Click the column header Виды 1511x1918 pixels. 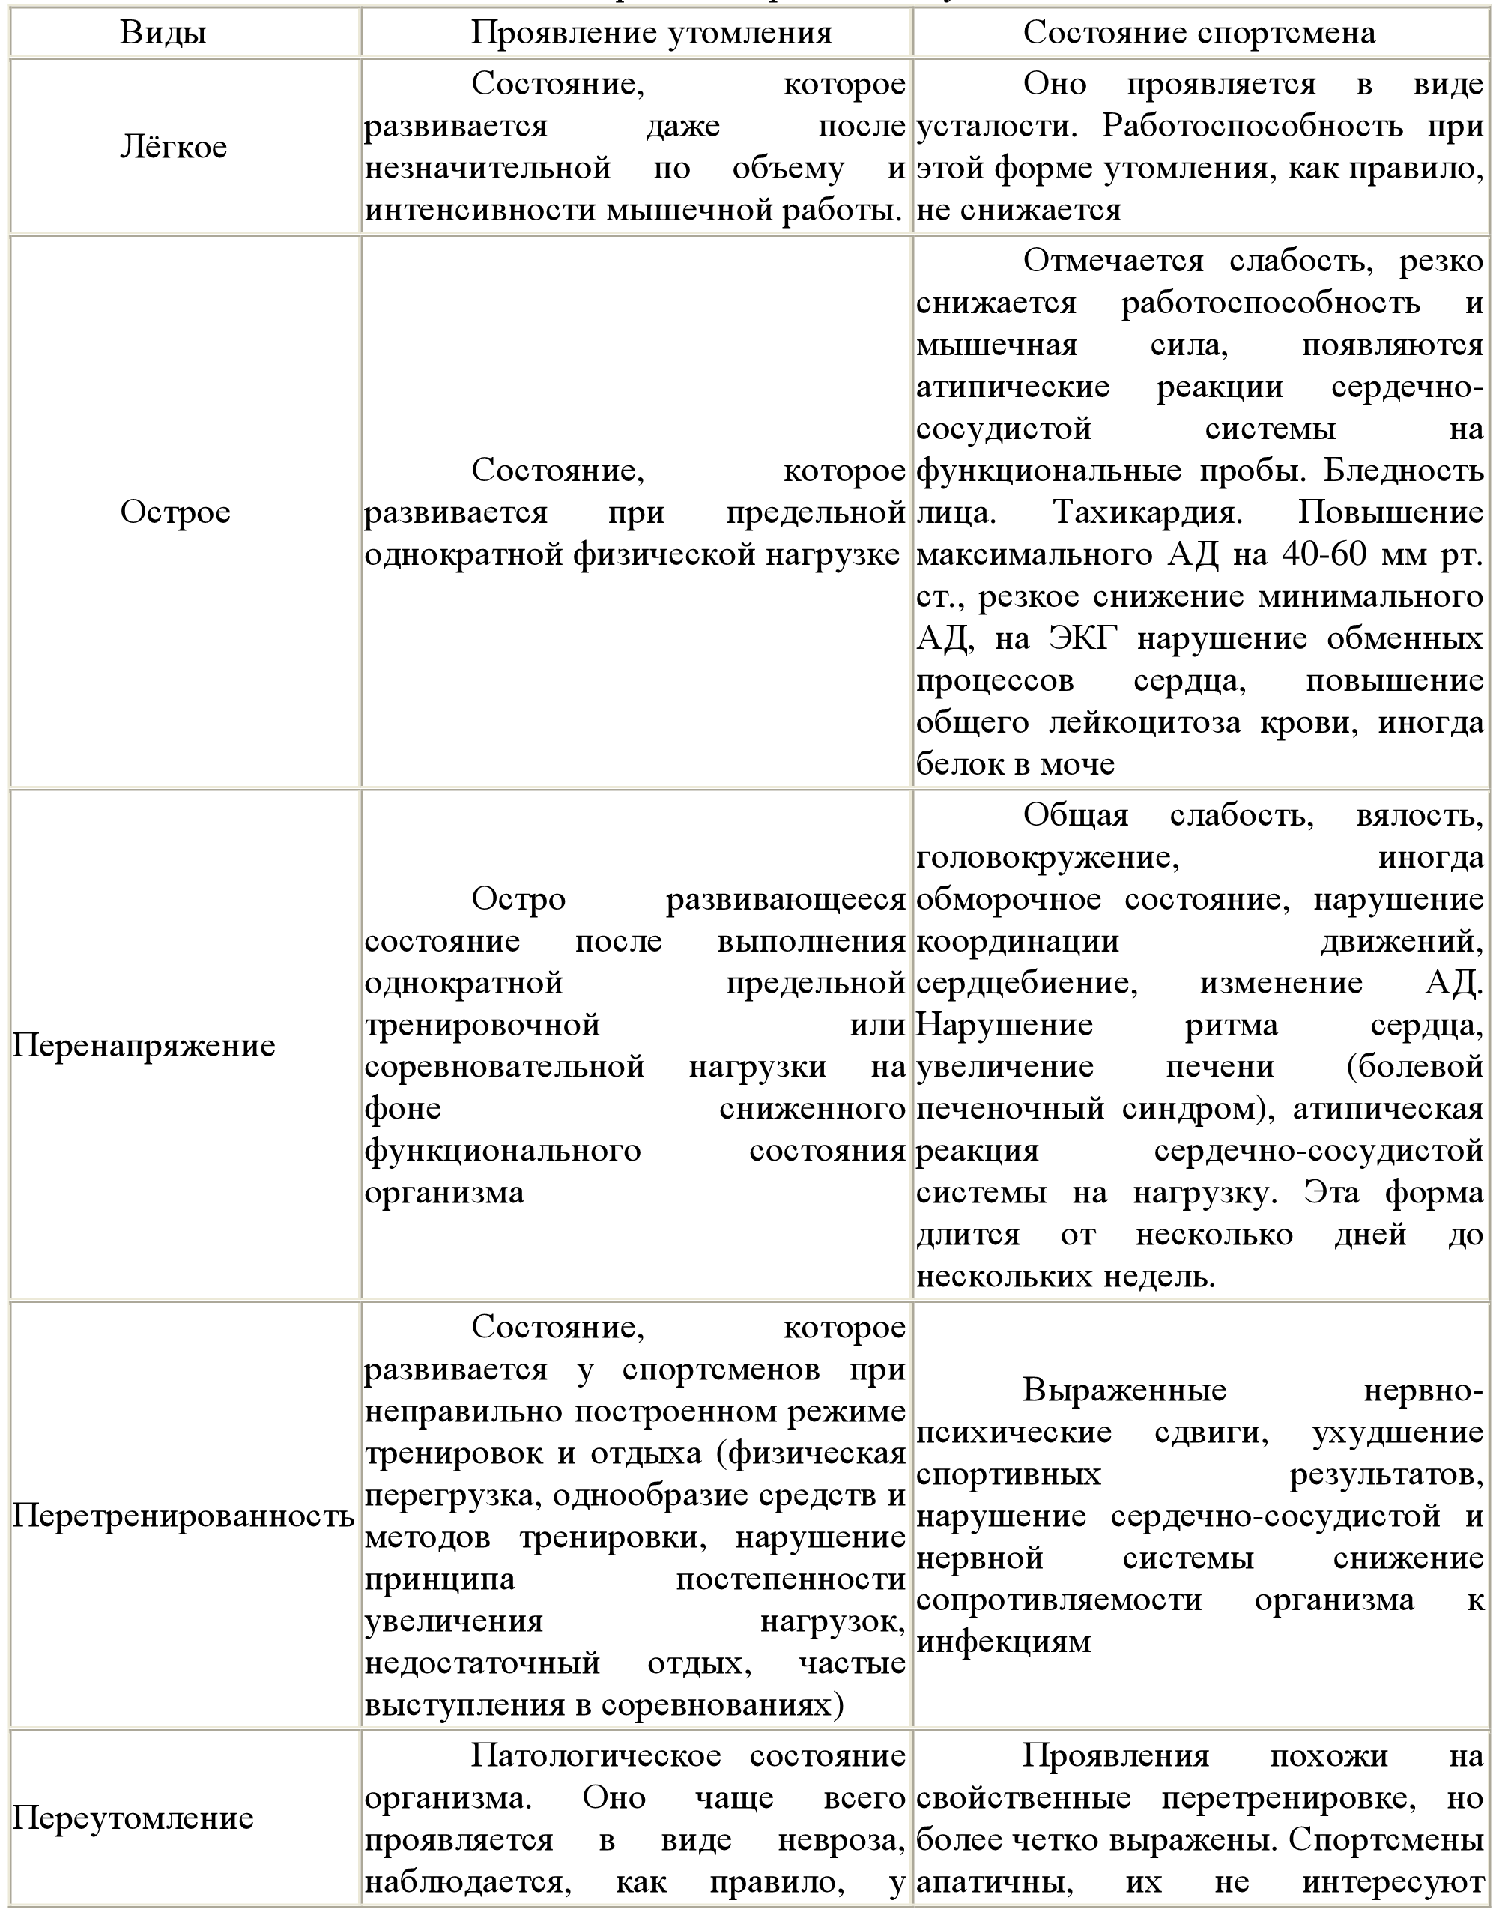coord(163,33)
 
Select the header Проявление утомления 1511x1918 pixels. coord(651,33)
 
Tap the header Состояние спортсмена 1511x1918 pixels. coord(1199,33)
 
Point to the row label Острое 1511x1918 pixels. coord(175,512)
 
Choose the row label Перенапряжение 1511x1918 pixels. coord(144,1046)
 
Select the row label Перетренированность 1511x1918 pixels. coord(183,1516)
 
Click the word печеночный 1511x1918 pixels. coord(1011,1109)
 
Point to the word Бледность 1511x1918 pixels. coord(1403,471)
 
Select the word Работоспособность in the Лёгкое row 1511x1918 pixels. coord(1252,127)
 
